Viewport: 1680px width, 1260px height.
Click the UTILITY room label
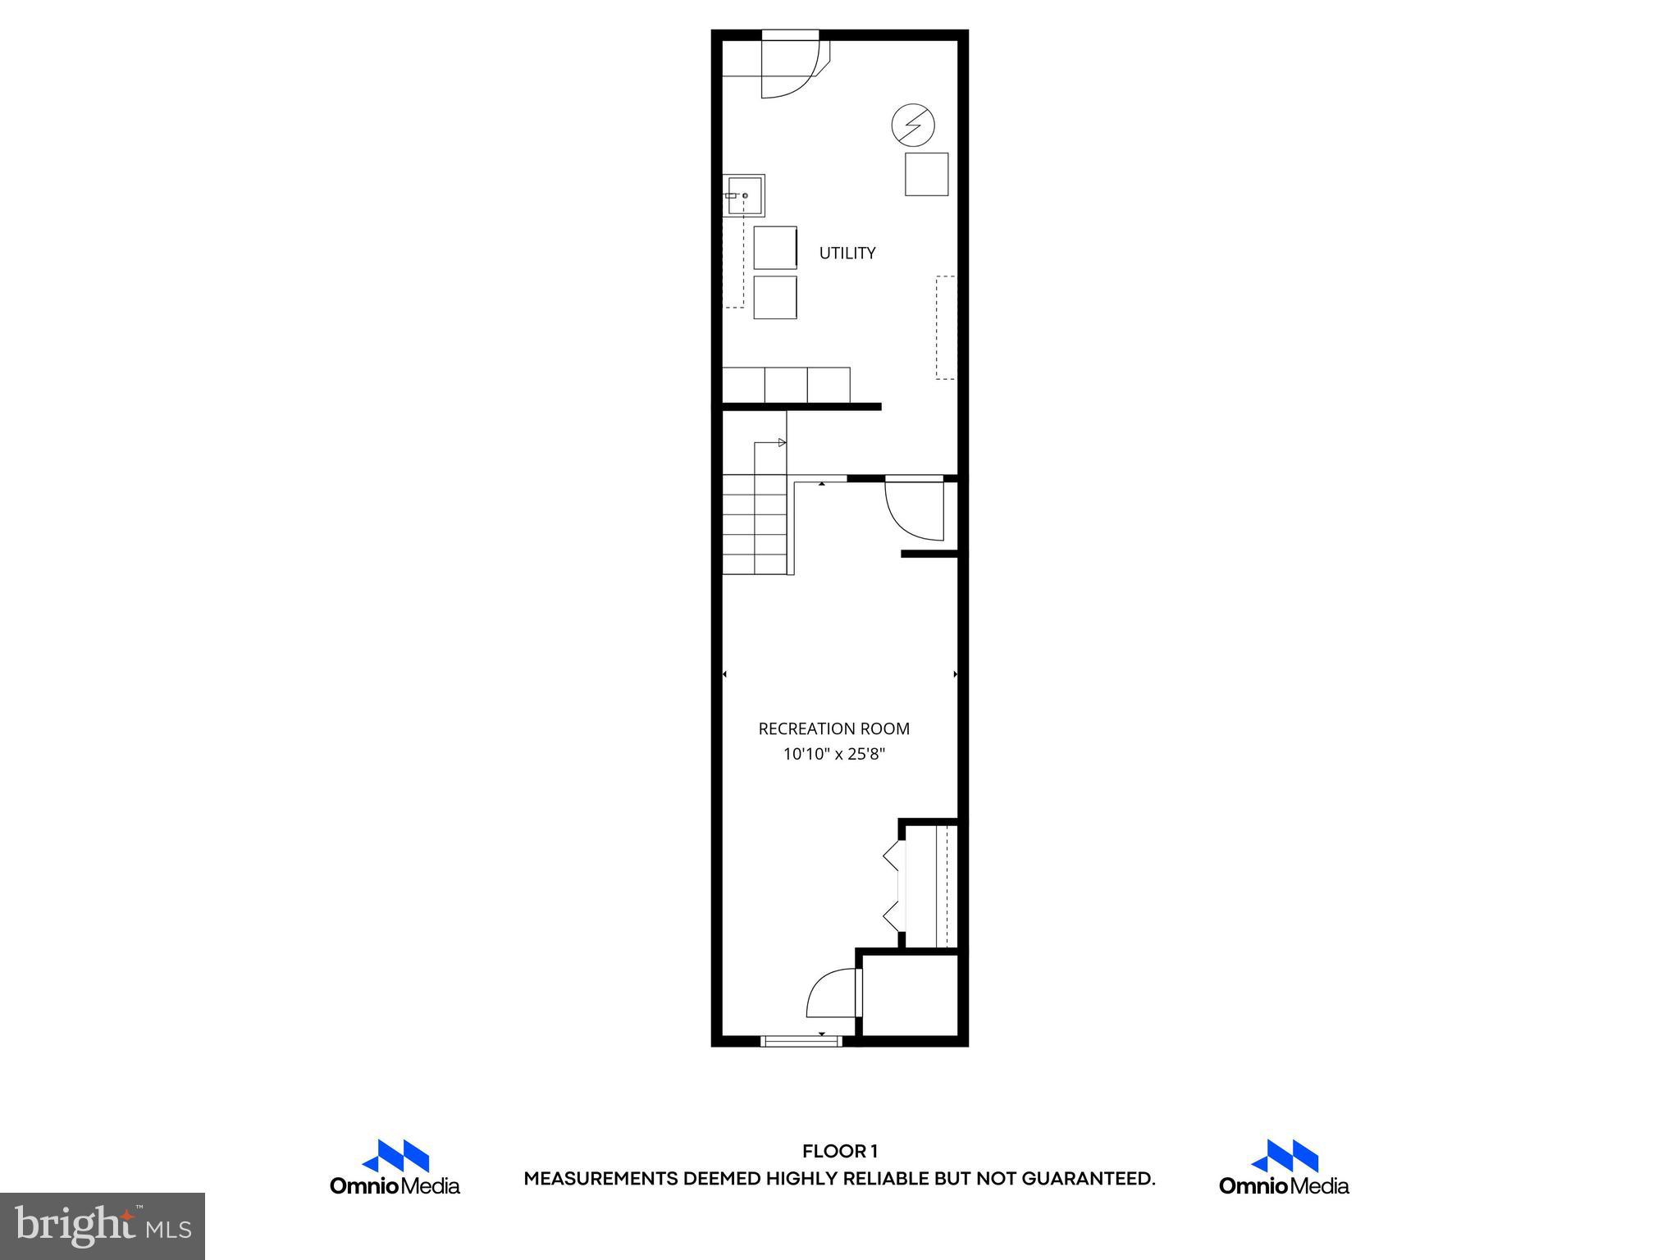[847, 253]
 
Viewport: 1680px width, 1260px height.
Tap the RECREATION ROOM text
[833, 728]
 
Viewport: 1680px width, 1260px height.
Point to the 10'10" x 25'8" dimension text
[833, 754]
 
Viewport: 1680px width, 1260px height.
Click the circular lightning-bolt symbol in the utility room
[913, 126]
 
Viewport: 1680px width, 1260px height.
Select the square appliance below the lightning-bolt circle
[926, 174]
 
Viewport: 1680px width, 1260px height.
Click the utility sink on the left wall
[744, 195]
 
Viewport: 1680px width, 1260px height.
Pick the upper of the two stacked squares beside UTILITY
[774, 248]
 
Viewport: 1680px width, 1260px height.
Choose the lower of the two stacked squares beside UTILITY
[774, 297]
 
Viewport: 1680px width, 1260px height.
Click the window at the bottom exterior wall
[801, 1041]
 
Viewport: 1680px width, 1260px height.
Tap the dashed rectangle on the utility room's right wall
[946, 327]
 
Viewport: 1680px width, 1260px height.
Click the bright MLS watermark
[103, 1226]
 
